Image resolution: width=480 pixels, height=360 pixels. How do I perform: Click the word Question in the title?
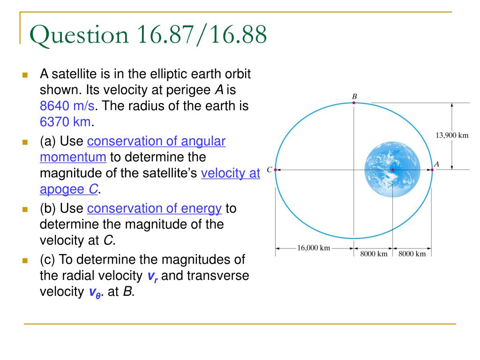(79, 35)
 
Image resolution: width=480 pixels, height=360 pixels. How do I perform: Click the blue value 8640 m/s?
(67, 105)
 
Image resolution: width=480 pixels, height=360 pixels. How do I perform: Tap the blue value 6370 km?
(66, 121)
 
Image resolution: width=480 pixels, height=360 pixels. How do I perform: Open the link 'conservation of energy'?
(154, 209)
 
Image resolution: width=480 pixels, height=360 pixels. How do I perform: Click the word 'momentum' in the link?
(73, 157)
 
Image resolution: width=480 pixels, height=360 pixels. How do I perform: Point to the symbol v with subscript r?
(153, 277)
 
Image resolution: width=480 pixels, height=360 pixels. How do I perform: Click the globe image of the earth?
(392, 169)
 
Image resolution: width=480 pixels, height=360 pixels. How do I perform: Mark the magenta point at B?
(354, 103)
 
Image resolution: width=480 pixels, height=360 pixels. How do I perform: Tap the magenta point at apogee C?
(275, 170)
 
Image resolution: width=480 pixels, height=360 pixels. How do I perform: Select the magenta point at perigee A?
(432, 170)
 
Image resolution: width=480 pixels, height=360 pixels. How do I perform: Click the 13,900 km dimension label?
(452, 135)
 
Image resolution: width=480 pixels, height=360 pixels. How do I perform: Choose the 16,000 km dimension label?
(314, 247)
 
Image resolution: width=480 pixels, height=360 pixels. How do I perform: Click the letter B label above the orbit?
(354, 97)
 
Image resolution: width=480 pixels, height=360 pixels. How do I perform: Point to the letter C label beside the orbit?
(270, 169)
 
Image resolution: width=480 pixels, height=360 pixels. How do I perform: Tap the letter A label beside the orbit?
(437, 164)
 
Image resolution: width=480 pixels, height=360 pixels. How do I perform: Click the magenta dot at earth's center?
(393, 170)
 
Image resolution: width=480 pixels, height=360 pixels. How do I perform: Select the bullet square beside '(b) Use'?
(25, 210)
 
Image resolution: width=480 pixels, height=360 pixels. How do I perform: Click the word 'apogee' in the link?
(62, 189)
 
